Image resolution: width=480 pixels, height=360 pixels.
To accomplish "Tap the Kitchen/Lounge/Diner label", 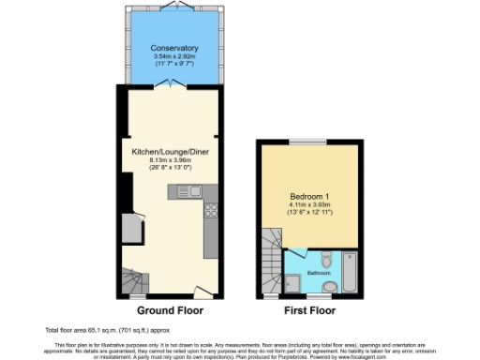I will [x=170, y=151].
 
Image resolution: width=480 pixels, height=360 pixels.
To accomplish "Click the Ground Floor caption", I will [x=170, y=309].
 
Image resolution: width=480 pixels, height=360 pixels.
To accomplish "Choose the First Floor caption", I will [x=309, y=309].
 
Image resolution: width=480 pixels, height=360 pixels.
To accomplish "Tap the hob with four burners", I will [x=212, y=211].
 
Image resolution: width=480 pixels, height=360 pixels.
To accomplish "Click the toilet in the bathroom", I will [x=324, y=259].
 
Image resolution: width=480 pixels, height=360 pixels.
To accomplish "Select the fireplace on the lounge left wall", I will [x=130, y=228].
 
